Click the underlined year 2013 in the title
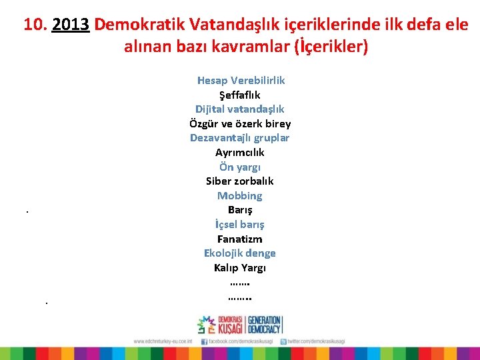tap(70, 25)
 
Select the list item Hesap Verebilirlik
tap(241, 80)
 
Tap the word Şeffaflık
tap(240, 95)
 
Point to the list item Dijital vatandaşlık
tap(240, 109)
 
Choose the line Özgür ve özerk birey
tap(240, 123)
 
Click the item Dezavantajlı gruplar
tap(240, 138)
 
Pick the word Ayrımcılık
tap(240, 152)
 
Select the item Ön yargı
tap(240, 167)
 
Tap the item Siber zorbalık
tap(240, 181)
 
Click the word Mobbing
tap(240, 195)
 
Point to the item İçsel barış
tap(240, 224)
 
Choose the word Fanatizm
tap(240, 239)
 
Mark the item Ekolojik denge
tap(240, 253)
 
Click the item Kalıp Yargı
tap(240, 267)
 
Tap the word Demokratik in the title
tap(139, 25)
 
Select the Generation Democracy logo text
tap(264, 325)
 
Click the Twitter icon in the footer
tap(283, 341)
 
